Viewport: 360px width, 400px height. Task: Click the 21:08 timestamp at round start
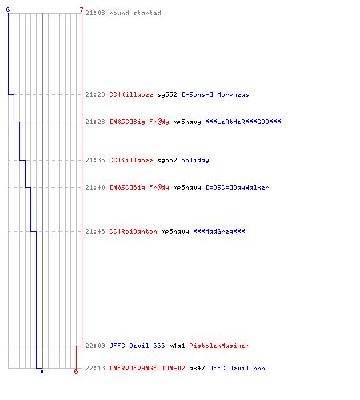95,13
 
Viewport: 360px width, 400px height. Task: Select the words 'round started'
135,13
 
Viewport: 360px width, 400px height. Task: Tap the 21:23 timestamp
95,94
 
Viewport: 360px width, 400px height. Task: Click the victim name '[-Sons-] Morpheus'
215,94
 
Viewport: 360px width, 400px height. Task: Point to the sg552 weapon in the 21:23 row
167,94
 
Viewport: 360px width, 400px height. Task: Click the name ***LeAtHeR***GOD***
243,122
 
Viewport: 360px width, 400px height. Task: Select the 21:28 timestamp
95,122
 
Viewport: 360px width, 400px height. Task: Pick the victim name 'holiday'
195,160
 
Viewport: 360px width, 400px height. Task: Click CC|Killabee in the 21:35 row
131,160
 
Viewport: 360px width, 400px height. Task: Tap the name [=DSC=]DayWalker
238,187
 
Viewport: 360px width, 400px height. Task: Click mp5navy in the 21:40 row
187,188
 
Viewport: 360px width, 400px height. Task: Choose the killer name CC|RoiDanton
134,231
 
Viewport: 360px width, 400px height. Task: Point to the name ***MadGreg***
219,231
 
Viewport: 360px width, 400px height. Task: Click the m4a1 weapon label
177,346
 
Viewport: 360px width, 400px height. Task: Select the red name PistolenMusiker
219,346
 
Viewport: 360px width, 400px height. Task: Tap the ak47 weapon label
197,368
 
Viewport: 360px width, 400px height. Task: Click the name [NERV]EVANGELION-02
147,368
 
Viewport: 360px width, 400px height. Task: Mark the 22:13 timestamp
95,368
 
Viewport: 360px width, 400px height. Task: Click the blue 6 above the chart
8,10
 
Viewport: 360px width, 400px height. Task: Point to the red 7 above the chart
82,10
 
